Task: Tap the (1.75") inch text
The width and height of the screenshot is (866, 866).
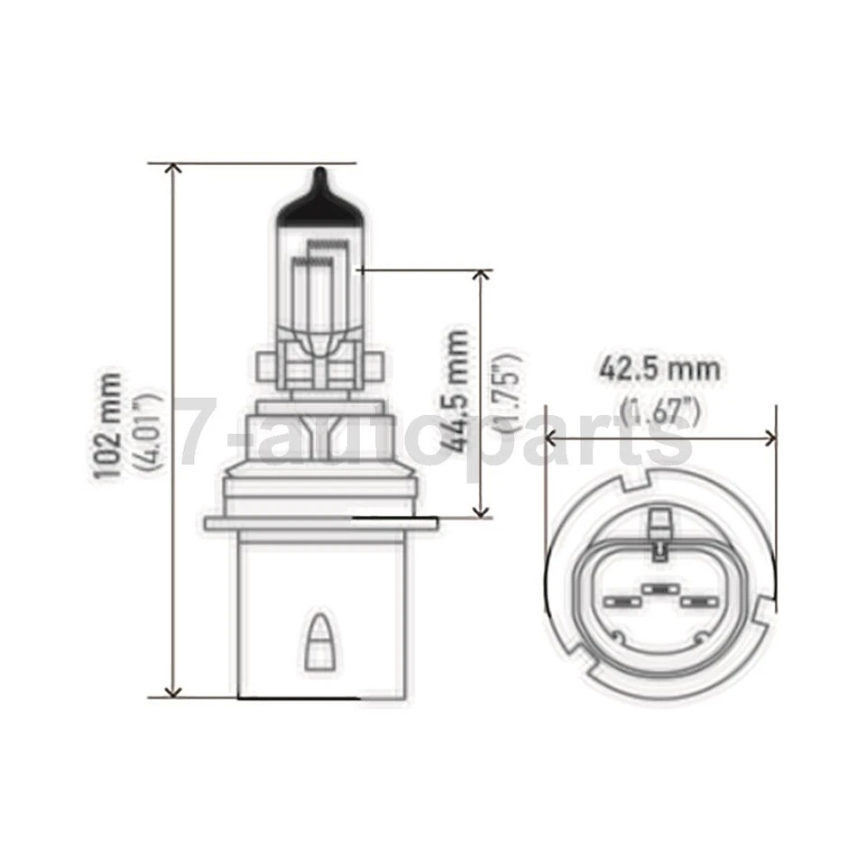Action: [x=511, y=392]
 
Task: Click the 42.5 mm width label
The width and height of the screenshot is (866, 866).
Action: [x=660, y=369]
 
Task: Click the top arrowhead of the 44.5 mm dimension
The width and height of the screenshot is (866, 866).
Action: [x=484, y=276]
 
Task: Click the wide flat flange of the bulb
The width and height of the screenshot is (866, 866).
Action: [x=320, y=523]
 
